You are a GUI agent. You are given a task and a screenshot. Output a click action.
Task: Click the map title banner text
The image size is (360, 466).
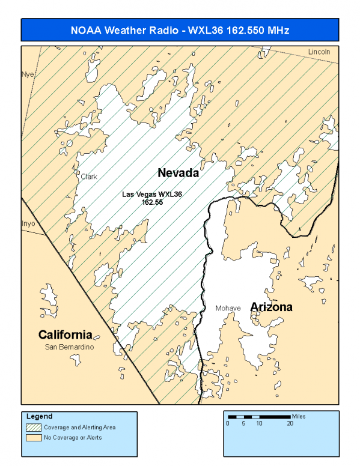click(x=180, y=30)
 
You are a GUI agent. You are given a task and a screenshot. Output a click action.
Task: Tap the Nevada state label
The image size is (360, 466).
click(x=178, y=173)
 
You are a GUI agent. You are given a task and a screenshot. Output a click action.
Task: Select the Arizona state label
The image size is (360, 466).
click(x=271, y=307)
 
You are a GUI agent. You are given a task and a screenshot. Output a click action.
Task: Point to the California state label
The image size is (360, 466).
click(x=65, y=334)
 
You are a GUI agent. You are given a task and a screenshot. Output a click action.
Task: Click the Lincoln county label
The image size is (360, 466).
click(x=319, y=52)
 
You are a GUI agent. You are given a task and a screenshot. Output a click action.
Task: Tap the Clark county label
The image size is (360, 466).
click(x=89, y=177)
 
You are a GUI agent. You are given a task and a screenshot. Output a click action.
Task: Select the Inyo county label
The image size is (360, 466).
click(x=29, y=223)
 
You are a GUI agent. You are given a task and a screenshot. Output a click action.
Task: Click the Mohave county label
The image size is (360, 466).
click(x=228, y=308)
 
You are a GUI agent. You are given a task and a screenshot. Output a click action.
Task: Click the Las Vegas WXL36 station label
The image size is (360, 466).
click(x=152, y=195)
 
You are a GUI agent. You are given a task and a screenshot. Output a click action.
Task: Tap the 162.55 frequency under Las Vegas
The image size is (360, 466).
click(x=152, y=202)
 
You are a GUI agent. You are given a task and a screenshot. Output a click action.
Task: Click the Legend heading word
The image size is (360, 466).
click(x=40, y=416)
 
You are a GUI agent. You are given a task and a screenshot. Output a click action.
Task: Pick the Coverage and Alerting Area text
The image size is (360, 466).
click(x=80, y=427)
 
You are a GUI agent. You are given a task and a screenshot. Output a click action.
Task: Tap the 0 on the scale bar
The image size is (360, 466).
click(x=228, y=423)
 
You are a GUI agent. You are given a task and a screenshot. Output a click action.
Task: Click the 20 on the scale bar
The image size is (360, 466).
click(x=290, y=423)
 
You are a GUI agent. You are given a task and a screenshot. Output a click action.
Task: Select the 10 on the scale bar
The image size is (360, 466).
click(x=259, y=423)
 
